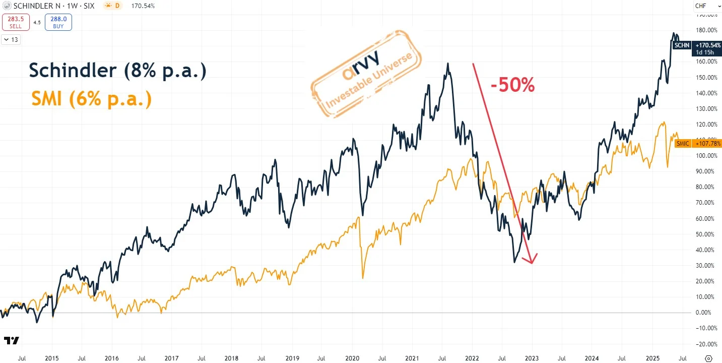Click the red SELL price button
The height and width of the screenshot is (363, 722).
[15, 22]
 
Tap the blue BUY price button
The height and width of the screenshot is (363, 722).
[58, 22]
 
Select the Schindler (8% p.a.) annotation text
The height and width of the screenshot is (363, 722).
[117, 71]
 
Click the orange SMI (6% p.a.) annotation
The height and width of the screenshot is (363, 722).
[91, 98]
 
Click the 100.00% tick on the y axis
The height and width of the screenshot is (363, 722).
[706, 156]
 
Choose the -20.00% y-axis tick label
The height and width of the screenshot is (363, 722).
[706, 344]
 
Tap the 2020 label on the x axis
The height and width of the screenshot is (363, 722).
[352, 358]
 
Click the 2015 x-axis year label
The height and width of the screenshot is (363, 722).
[51, 358]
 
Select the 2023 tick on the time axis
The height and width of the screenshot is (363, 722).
[532, 358]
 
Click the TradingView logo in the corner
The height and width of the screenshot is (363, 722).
[11, 340]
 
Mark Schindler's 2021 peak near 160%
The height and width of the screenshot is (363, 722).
[448, 64]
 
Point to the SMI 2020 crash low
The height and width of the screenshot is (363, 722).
[363, 278]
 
